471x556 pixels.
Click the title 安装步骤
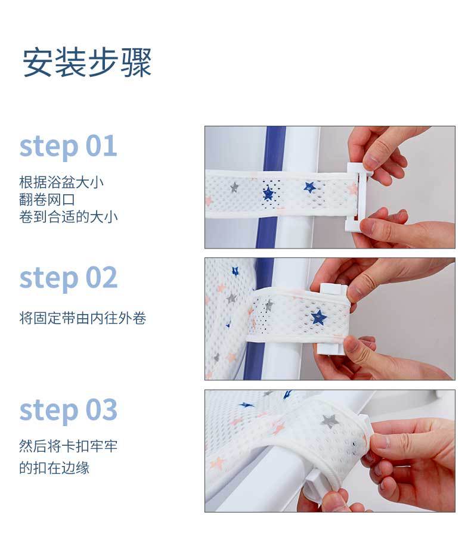(87, 63)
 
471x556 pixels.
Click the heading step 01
(68, 146)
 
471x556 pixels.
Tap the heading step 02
(68, 278)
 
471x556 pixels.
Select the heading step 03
(68, 410)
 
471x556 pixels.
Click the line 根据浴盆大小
(61, 182)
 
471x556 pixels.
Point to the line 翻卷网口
(47, 199)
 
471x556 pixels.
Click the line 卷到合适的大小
(69, 217)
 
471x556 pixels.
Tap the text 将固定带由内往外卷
(83, 318)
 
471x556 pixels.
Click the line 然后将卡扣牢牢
(69, 446)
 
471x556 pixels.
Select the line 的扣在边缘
(54, 468)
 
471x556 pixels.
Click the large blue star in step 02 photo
(318, 316)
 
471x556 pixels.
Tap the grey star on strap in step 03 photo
(330, 421)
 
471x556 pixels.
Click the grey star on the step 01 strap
(234, 187)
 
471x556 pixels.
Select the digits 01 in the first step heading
(101, 145)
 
